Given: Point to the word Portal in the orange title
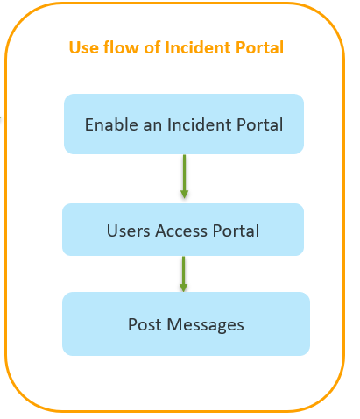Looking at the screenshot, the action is (259, 47).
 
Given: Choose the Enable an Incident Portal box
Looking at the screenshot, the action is (184, 124).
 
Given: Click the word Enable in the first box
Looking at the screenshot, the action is (111, 124).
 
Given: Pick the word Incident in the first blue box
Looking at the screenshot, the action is (199, 124).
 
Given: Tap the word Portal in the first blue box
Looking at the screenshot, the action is (259, 124).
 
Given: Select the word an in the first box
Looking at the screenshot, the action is (152, 126).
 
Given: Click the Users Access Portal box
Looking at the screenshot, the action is (183, 230).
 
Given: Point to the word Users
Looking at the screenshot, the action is (129, 231).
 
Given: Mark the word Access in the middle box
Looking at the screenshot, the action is (181, 231).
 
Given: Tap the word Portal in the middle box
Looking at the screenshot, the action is (236, 231).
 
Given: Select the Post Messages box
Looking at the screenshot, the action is (186, 323).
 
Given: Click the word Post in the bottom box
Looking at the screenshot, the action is (145, 324).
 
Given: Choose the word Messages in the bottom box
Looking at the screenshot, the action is (206, 325).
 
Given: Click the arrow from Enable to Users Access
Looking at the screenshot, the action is (184, 176).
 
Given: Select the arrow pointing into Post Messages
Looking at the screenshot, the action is (183, 274).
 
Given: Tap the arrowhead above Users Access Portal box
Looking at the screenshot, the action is (184, 194).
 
